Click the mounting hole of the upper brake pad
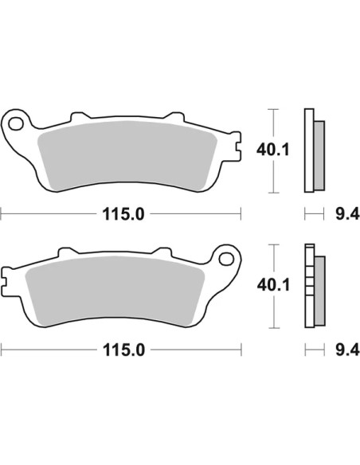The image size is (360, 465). pos(16,123)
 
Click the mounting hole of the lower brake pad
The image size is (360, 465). pos(226,260)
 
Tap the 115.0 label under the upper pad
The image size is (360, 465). pos(123,214)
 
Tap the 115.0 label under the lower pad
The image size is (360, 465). pos(124,350)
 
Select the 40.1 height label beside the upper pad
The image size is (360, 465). pos(273,150)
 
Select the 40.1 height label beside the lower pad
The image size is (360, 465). pos(273,286)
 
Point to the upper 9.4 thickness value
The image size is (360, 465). pos(347,214)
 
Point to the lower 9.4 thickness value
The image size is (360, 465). pos(347,350)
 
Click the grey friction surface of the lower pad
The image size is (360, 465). pos(115,291)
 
